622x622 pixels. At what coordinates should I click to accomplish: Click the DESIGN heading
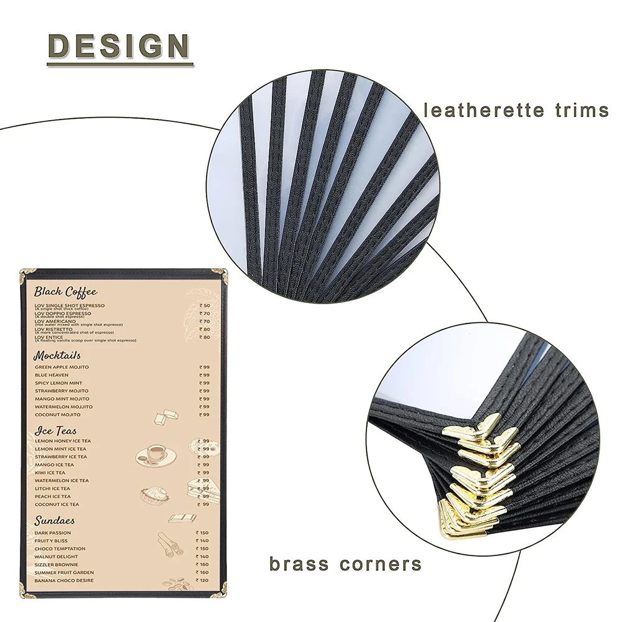coord(119,46)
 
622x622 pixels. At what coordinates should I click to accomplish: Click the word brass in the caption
coord(300,564)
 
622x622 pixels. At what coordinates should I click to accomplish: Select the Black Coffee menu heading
coord(65,291)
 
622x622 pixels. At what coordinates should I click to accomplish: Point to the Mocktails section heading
coord(57,356)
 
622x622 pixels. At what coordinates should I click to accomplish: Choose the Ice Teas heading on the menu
coord(56,430)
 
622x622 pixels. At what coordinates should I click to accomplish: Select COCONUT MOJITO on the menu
coord(58,414)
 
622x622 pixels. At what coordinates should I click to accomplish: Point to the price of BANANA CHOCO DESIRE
coord(203,580)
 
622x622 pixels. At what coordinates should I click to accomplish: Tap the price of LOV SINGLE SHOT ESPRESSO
coord(204,306)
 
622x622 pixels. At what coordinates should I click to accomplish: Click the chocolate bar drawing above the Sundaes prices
coord(182,518)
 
